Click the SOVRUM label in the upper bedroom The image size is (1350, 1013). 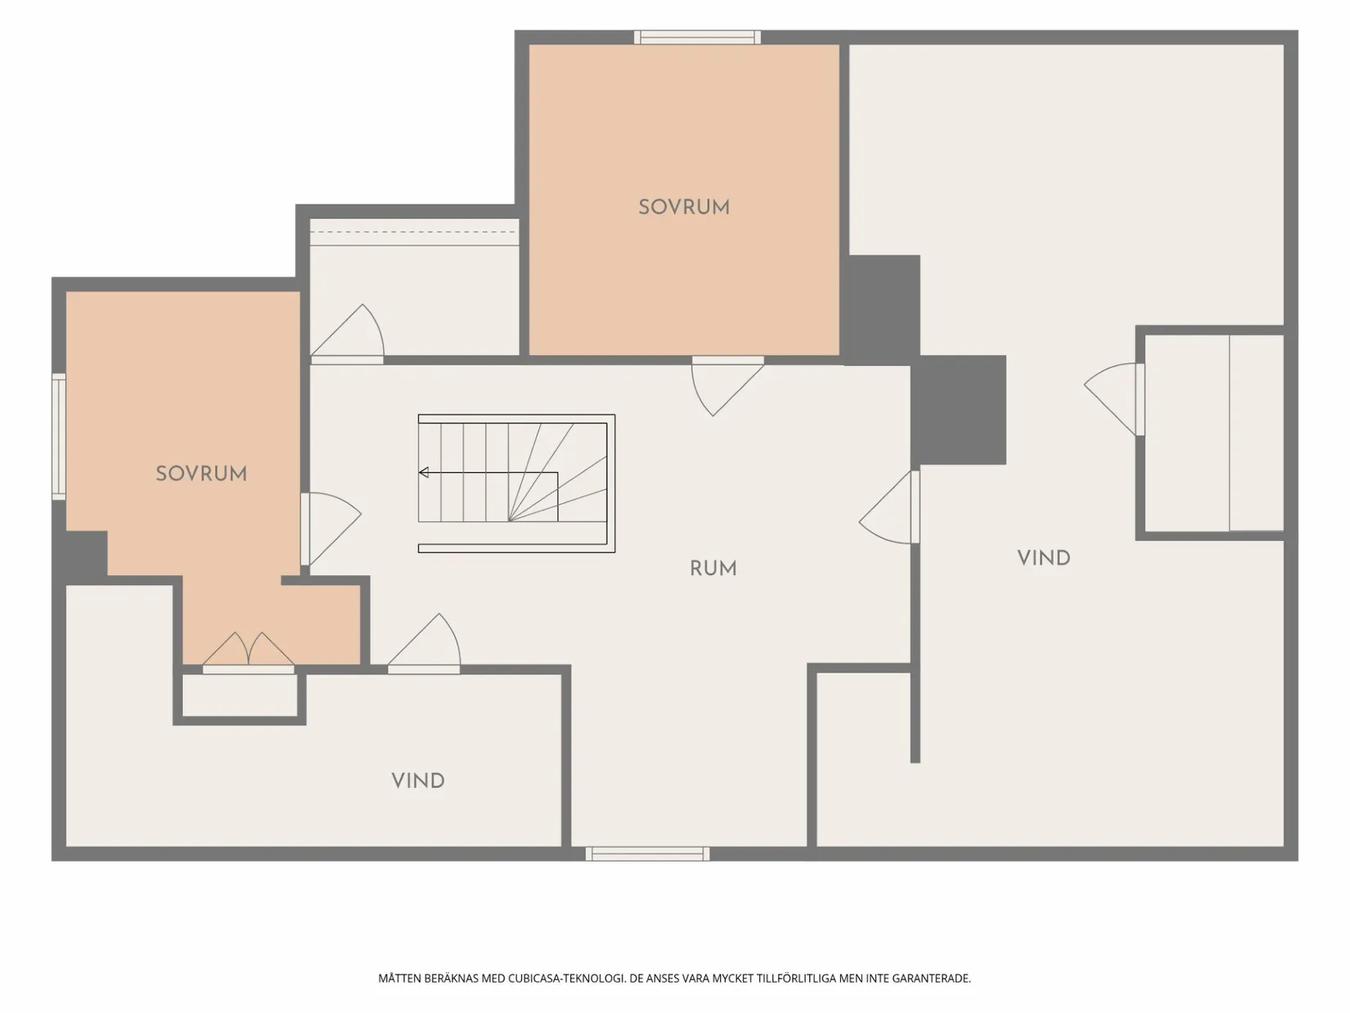[x=684, y=207]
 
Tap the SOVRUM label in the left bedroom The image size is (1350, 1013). [x=201, y=474]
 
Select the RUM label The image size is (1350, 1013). [x=713, y=569]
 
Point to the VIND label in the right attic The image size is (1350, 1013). [x=1044, y=559]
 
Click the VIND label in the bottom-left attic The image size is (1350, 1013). [x=418, y=781]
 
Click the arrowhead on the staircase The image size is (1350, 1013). [x=424, y=472]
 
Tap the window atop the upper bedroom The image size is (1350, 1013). [x=697, y=38]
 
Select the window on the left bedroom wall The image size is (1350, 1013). [x=59, y=436]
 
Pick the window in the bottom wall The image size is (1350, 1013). [x=647, y=853]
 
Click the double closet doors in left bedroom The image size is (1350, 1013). [x=249, y=653]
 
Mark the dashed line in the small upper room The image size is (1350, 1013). [x=414, y=232]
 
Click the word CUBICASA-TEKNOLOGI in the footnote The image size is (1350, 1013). [x=566, y=979]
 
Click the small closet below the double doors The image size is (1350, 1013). [x=240, y=696]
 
